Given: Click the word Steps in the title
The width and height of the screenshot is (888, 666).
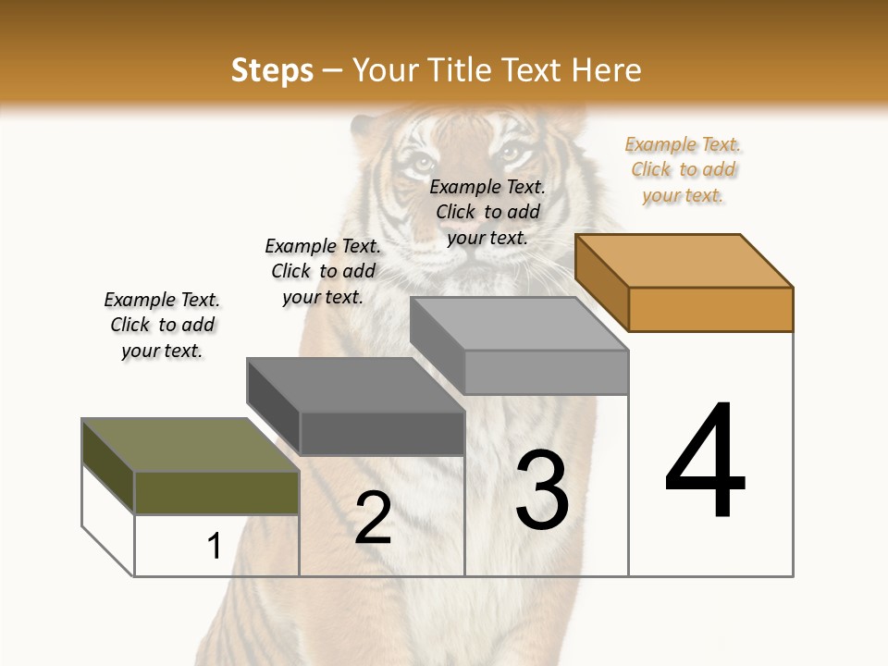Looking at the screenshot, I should (272, 70).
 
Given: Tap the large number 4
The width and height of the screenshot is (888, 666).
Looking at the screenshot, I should (706, 462).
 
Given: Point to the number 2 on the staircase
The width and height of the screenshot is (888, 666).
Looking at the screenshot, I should (373, 519).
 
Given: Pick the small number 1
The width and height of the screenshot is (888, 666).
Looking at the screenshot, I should (214, 546).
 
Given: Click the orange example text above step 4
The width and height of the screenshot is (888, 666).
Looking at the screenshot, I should (684, 169).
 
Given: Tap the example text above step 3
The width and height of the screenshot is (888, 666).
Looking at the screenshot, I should (487, 212).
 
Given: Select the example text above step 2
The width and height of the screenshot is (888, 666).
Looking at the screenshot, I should (323, 271).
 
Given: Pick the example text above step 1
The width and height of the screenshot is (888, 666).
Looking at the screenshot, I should (162, 325).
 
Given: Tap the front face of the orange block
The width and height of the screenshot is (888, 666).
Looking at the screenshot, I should (710, 309).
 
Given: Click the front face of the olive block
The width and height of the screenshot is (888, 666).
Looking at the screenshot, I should (216, 492).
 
